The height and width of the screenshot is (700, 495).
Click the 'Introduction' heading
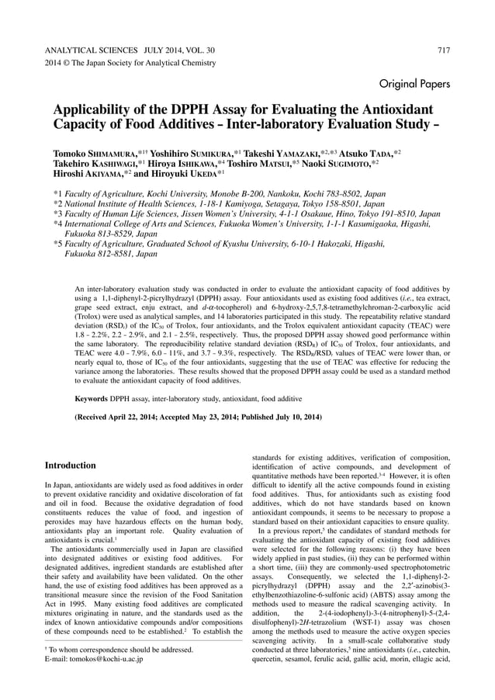coord(69,466)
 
